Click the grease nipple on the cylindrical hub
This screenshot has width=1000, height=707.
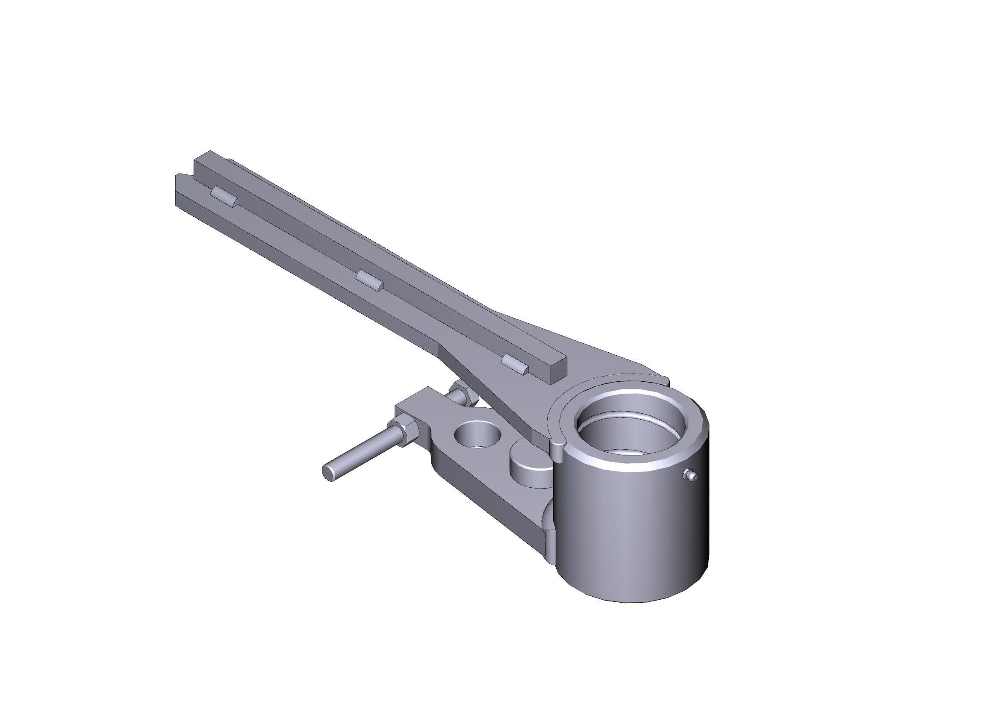point(690,475)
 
